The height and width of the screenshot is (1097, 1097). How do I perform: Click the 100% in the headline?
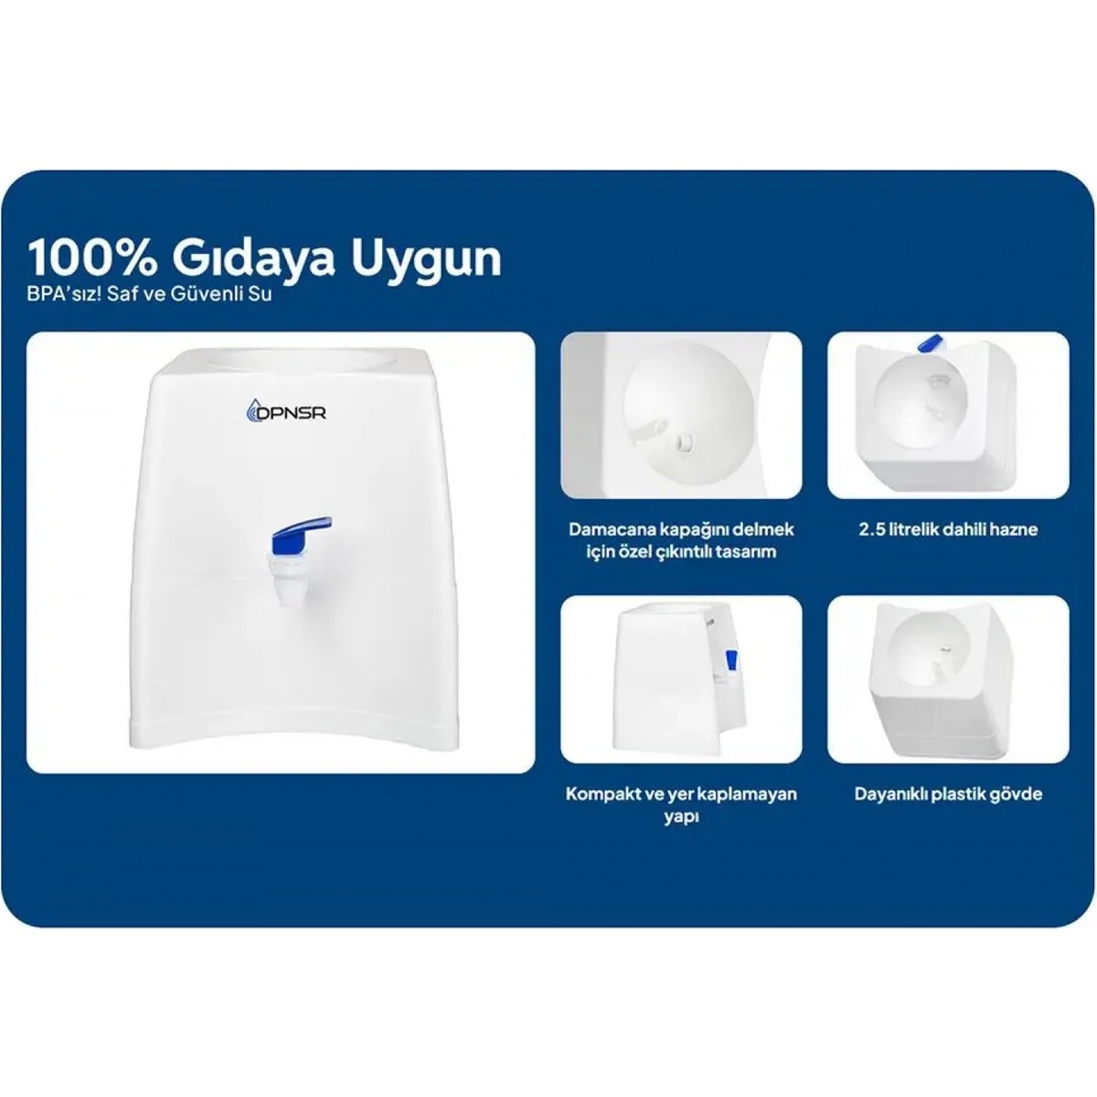click(x=92, y=259)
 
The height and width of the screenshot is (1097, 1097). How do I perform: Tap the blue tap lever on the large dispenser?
click(x=301, y=529)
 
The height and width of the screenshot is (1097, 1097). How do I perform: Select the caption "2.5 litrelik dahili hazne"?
click(x=948, y=529)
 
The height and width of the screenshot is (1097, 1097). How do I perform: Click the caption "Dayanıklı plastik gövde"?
click(x=948, y=794)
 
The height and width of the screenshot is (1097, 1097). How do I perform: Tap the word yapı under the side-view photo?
click(x=681, y=817)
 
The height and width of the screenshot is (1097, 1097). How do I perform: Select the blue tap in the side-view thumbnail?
click(x=731, y=660)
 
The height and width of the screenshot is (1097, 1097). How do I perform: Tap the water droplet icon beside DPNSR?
click(x=252, y=410)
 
